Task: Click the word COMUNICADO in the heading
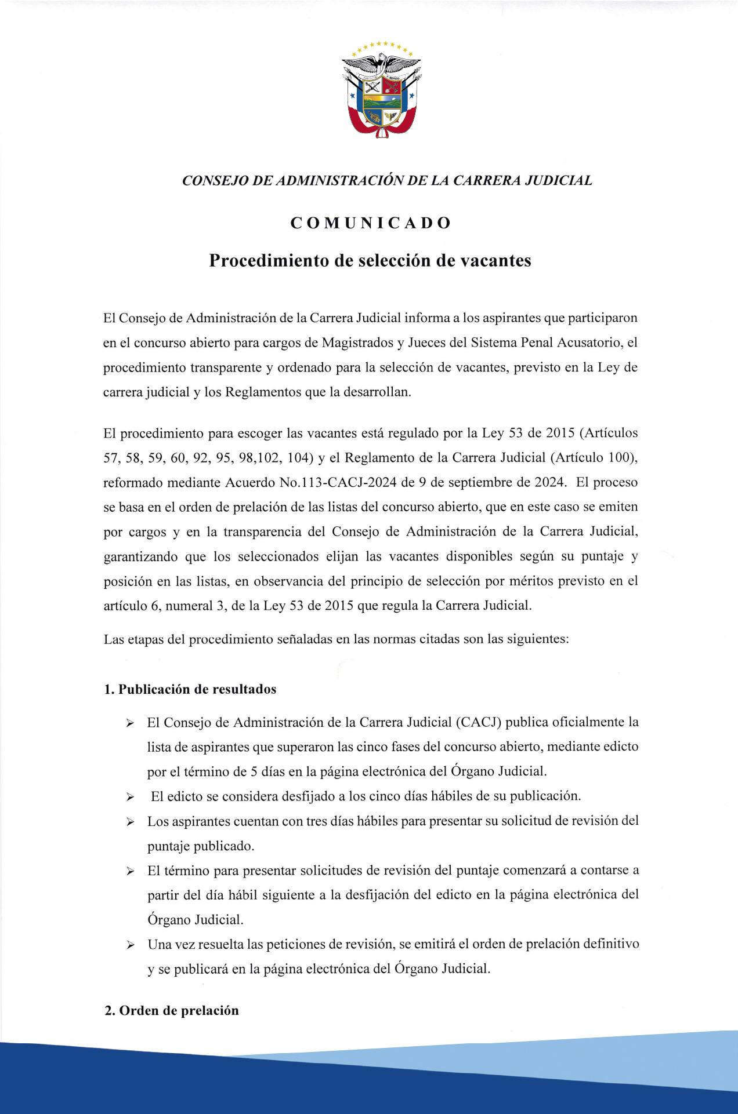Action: pyautogui.click(x=370, y=223)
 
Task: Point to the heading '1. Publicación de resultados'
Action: pyautogui.click(x=190, y=689)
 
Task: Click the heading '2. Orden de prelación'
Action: pyautogui.click(x=172, y=1010)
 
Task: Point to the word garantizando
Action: pyautogui.click(x=140, y=556)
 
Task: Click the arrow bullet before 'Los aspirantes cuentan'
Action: pyautogui.click(x=131, y=822)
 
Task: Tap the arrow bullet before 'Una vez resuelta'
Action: pyautogui.click(x=131, y=945)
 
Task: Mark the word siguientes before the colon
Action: pyautogui.click(x=537, y=639)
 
